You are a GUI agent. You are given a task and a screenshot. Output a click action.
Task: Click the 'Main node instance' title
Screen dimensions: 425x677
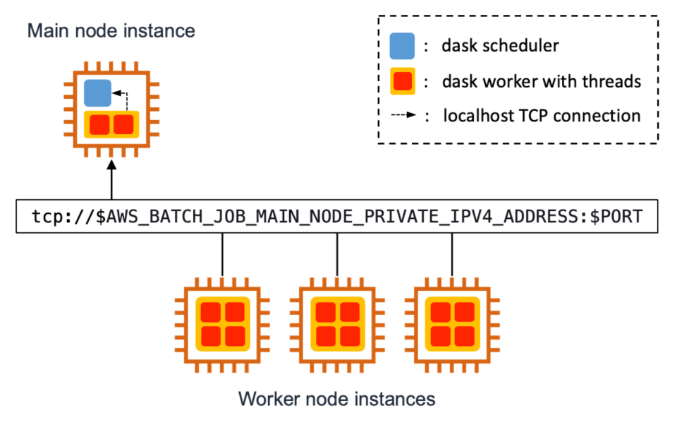pos(111,31)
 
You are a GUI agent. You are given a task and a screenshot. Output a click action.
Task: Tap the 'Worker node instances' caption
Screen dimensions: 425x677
pos(336,399)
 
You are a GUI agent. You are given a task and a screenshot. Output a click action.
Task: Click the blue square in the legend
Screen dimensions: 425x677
pos(403,46)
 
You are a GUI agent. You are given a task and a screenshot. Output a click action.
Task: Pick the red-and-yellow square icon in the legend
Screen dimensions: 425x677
pos(403,81)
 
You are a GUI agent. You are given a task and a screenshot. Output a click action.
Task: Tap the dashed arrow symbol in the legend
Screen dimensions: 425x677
pos(403,116)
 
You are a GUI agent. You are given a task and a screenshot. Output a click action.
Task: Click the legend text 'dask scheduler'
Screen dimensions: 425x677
pos(500,46)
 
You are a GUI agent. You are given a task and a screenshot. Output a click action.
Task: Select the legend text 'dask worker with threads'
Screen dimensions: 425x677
pos(541,81)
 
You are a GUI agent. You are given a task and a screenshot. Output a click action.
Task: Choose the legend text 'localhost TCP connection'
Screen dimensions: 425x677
pos(542,116)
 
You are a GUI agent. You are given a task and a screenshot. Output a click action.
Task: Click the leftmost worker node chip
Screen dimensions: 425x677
pos(222,322)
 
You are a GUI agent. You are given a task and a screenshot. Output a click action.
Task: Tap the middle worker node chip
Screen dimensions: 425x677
pos(336,322)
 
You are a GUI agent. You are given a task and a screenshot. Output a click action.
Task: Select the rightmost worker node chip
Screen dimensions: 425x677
pos(451,322)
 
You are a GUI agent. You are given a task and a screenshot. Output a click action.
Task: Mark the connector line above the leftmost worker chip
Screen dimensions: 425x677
pos(223,253)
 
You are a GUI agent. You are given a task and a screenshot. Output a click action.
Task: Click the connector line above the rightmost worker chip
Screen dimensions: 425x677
pos(451,253)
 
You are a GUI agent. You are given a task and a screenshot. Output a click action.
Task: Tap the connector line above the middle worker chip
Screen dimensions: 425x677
pos(337,253)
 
